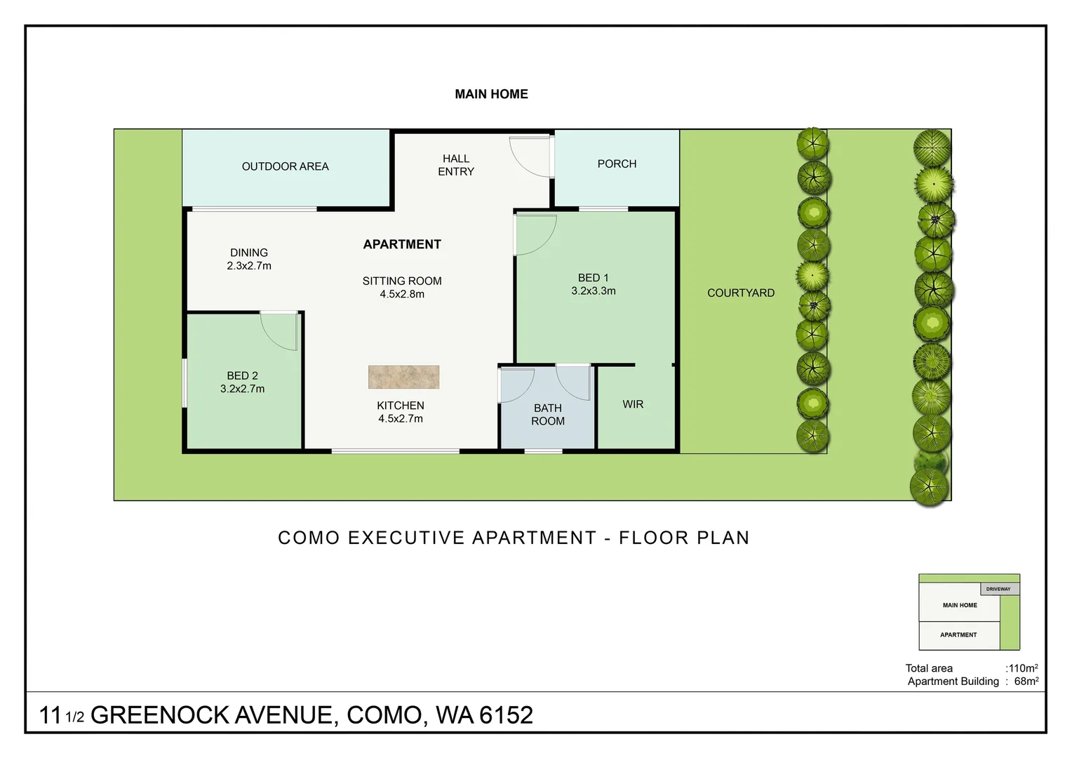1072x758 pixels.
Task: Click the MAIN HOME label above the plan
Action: coord(491,94)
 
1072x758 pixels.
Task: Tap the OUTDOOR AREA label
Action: coord(285,166)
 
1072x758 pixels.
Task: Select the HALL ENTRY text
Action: coord(456,165)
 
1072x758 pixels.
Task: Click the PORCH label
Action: coord(617,164)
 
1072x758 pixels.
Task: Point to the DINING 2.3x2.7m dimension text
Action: coord(249,266)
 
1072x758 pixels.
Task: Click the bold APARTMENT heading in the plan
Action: coord(402,244)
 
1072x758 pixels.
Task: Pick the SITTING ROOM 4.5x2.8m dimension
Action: coord(402,294)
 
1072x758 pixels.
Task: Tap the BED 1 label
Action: coord(594,278)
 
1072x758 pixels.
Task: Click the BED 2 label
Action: coord(242,375)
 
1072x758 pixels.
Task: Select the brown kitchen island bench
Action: coord(404,377)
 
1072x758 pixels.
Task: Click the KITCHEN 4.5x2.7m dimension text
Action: coord(401,419)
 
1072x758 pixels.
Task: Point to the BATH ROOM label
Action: coord(548,415)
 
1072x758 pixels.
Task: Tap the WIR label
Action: coord(633,404)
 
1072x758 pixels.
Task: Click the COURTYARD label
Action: coord(741,293)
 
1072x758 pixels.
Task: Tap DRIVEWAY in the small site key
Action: coord(998,589)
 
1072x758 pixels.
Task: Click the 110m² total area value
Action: coord(1022,668)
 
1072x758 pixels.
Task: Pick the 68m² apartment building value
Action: coord(1026,681)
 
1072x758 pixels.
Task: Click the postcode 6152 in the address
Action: coord(507,715)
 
